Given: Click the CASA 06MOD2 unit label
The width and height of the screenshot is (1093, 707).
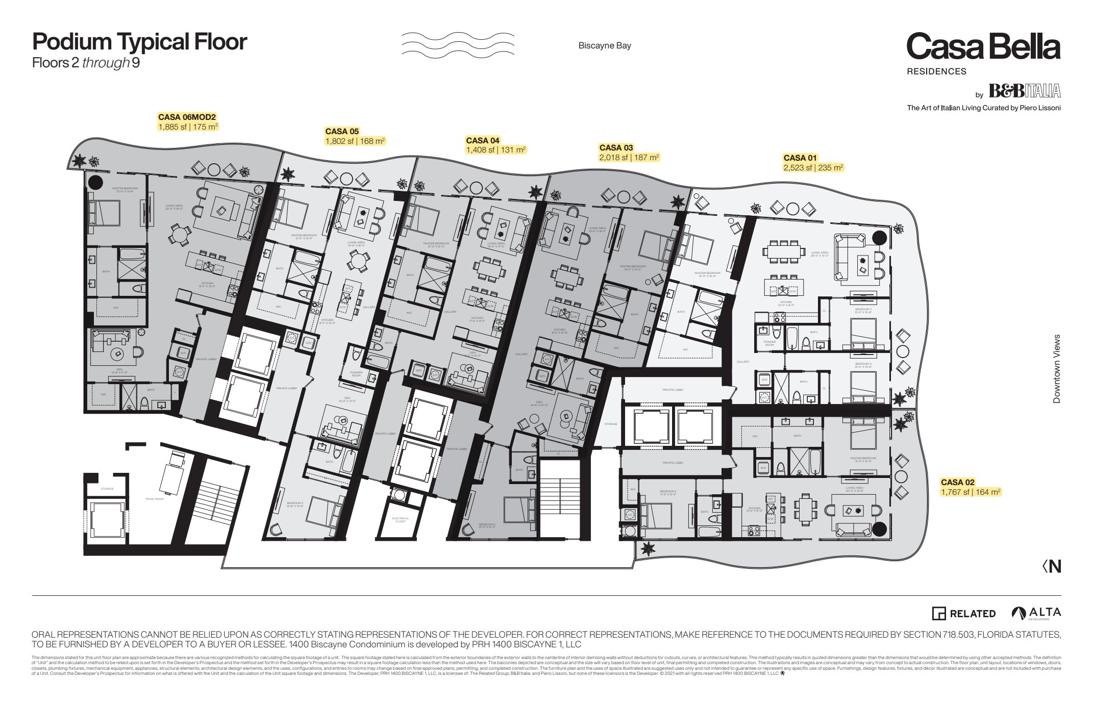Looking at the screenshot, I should pyautogui.click(x=187, y=117).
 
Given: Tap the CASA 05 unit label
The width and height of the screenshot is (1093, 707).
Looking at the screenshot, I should pyautogui.click(x=342, y=132).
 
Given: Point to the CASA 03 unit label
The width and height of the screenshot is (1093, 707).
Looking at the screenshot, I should pyautogui.click(x=616, y=148).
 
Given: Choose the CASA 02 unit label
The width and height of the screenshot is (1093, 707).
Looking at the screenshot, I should pyautogui.click(x=957, y=483).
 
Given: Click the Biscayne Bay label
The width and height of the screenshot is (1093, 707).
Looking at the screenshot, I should pyautogui.click(x=605, y=46).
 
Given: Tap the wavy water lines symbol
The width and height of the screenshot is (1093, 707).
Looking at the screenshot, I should pyautogui.click(x=458, y=44).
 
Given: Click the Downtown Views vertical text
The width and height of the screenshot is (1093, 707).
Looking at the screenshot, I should pyautogui.click(x=1056, y=369).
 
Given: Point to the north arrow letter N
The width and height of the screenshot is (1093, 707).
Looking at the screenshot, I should pyautogui.click(x=1055, y=567).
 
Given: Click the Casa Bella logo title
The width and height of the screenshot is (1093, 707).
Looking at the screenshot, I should pyautogui.click(x=983, y=47).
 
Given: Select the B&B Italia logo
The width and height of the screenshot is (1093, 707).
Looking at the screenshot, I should pyautogui.click(x=1024, y=91).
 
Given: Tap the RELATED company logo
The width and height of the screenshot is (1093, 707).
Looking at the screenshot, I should pyautogui.click(x=964, y=614).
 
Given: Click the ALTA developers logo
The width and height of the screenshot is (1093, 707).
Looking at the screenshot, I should pyautogui.click(x=1036, y=613).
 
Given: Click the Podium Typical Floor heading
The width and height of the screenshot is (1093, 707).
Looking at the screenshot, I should pyautogui.click(x=139, y=42).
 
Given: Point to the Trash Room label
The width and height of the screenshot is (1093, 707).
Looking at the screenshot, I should pyautogui.click(x=154, y=499).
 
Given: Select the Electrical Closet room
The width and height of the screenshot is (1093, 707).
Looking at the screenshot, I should pyautogui.click(x=401, y=520).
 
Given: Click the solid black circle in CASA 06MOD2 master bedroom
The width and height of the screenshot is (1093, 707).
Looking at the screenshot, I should pyautogui.click(x=96, y=182).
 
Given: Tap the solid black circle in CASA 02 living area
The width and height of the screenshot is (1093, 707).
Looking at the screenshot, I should pyautogui.click(x=879, y=529).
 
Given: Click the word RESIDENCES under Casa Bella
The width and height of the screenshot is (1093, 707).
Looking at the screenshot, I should pyautogui.click(x=936, y=72).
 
